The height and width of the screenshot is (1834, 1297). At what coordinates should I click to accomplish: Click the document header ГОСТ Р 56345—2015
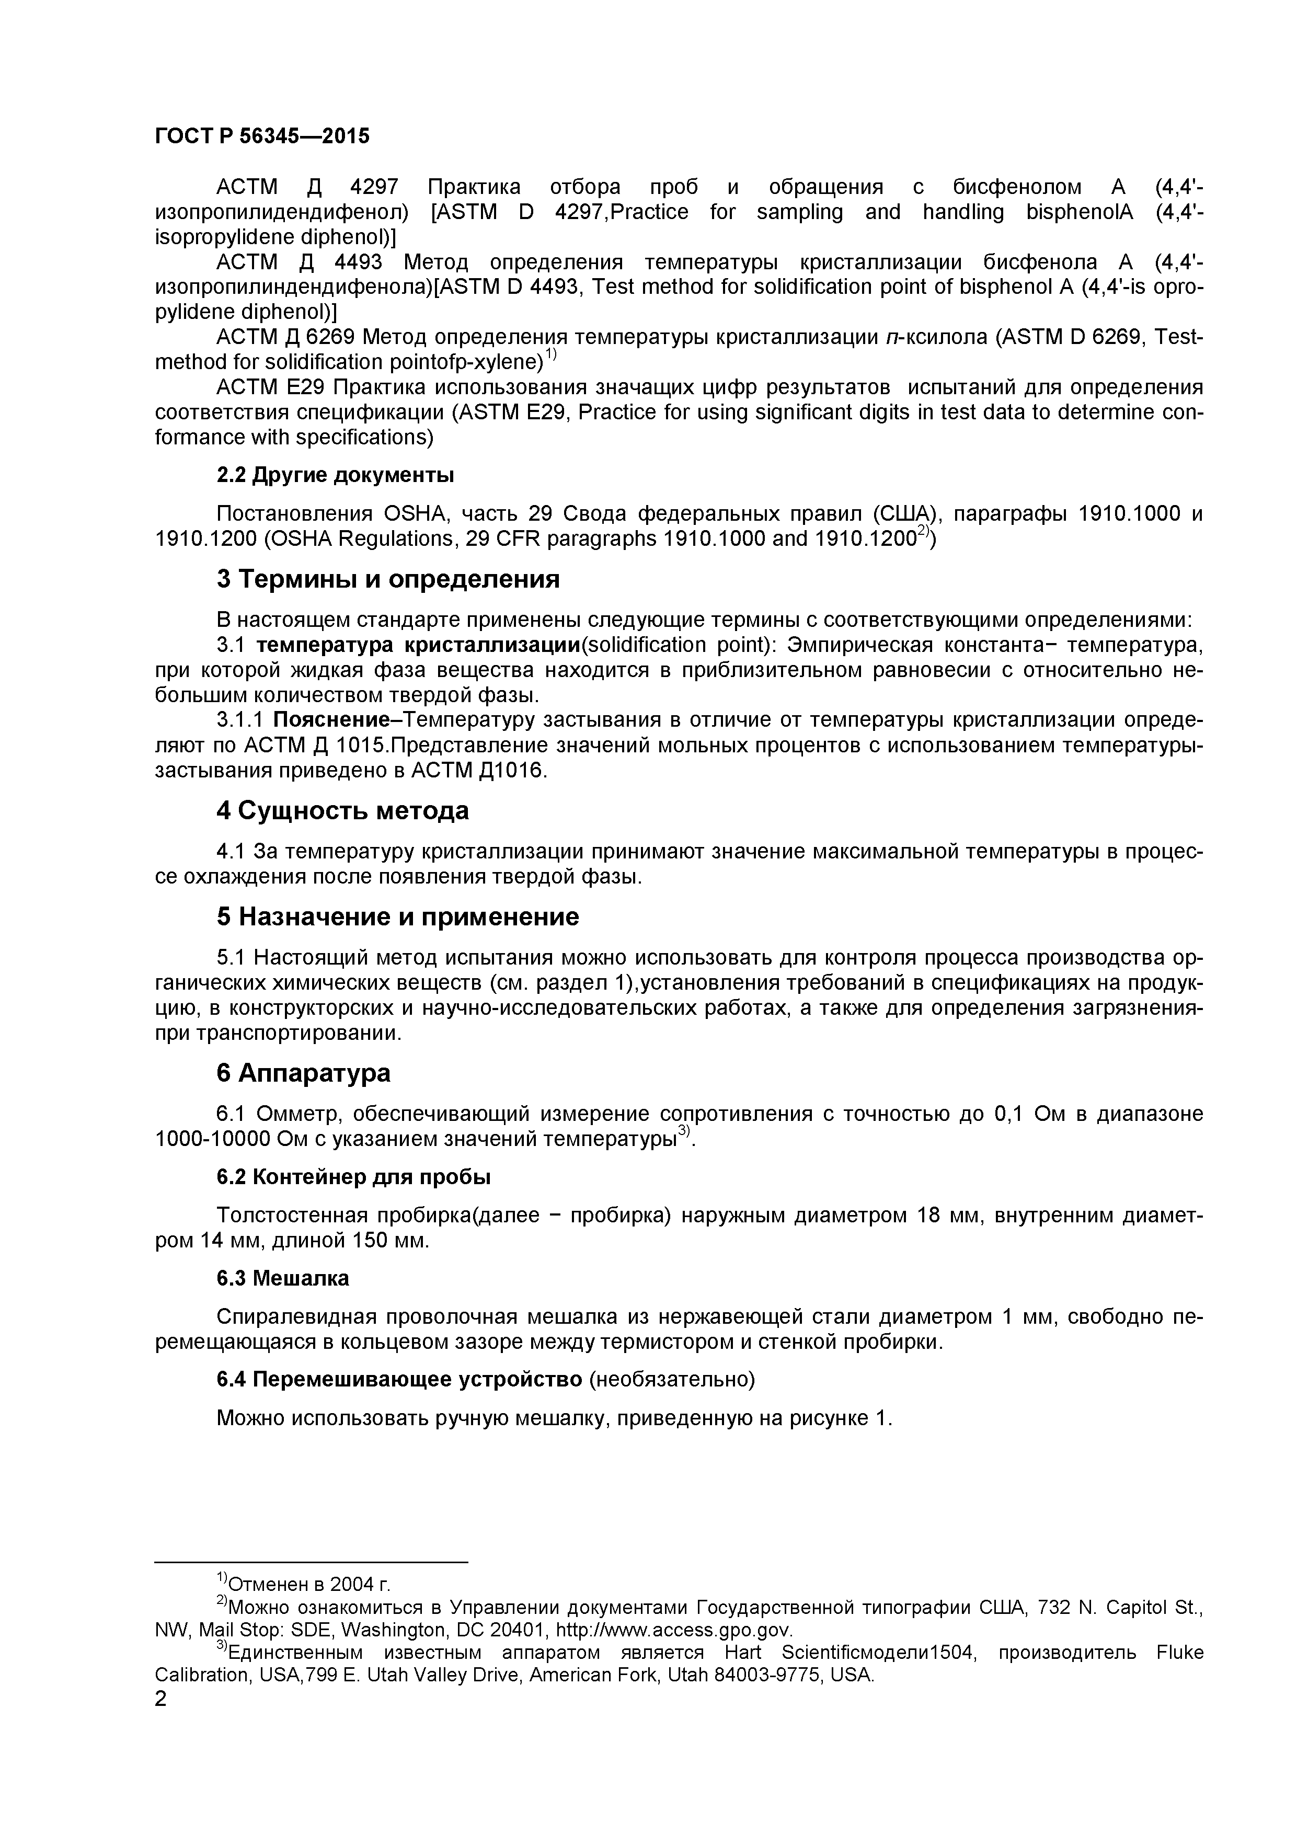point(262,136)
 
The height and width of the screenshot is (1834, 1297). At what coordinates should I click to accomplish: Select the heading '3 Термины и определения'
point(388,579)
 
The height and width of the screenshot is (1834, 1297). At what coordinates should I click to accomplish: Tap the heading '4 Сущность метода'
point(342,811)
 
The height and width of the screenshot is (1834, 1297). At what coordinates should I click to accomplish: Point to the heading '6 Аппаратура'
point(304,1073)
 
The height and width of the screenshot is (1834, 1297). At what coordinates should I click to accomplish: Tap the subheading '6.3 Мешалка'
point(283,1279)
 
